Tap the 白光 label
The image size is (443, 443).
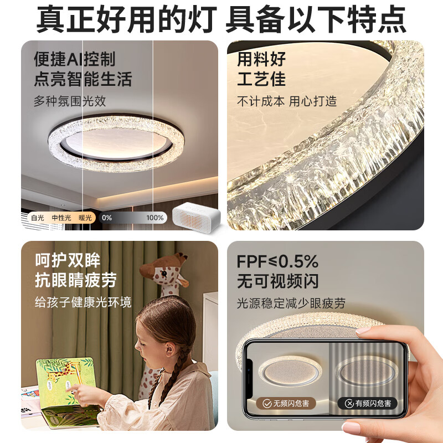pyautogui.click(x=37, y=218)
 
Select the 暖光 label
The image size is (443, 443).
pyautogui.click(x=85, y=218)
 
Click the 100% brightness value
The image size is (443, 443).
pyautogui.click(x=155, y=218)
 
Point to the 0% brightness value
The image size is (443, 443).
pyautogui.click(x=107, y=218)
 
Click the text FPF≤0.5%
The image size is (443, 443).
pyautogui.click(x=277, y=261)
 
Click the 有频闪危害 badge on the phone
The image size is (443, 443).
pyautogui.click(x=368, y=403)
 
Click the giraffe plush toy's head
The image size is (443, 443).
pyautogui.click(x=166, y=271)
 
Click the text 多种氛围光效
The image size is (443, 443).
pyautogui.click(x=70, y=101)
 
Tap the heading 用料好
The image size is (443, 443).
pyautogui.click(x=261, y=59)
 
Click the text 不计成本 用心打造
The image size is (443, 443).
pyautogui.click(x=287, y=101)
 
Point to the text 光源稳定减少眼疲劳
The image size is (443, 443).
pyautogui.click(x=291, y=303)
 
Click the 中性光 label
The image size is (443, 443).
pyautogui.click(x=61, y=218)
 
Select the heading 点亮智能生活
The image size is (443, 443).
pyautogui.click(x=83, y=79)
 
